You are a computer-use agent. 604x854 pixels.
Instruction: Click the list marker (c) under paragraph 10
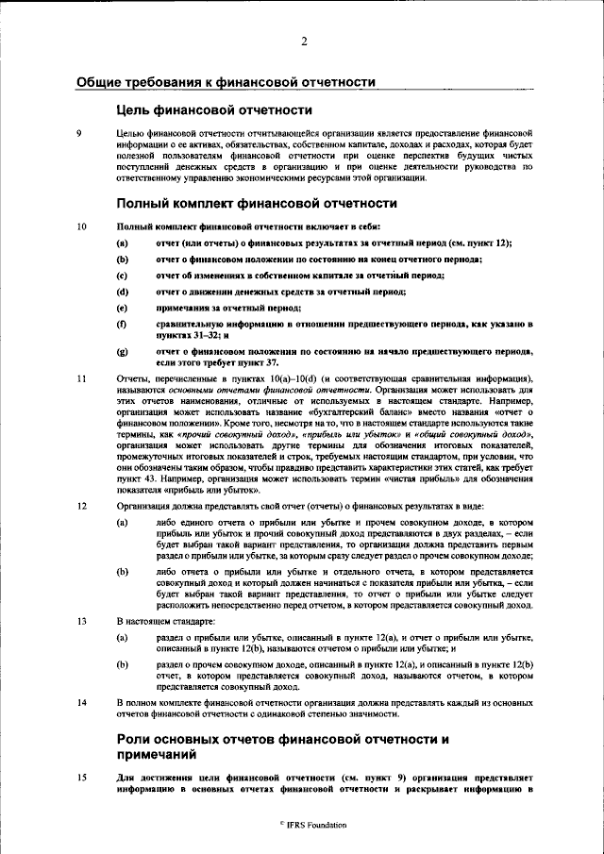point(122,276)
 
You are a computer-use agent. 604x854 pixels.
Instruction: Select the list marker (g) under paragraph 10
point(122,351)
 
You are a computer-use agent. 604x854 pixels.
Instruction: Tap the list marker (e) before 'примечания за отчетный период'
point(122,308)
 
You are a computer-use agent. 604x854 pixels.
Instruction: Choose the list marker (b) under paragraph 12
point(122,572)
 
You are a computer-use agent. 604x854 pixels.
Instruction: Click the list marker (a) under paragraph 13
point(122,638)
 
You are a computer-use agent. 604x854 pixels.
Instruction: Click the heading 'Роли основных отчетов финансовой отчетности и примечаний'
point(280,746)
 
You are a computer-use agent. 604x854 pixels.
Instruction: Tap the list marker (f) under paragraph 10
point(122,324)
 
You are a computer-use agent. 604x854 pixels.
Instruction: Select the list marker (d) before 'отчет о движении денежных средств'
point(122,292)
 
